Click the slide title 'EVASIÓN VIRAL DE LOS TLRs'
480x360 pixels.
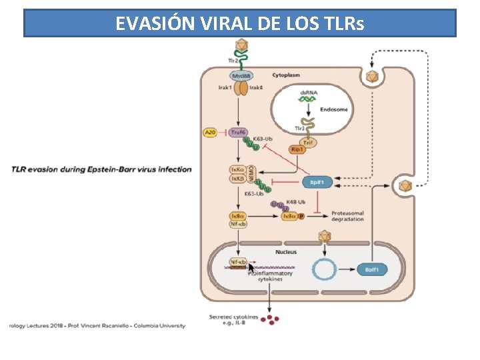click(240, 23)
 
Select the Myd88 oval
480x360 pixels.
click(242, 76)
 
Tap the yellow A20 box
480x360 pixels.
click(211, 133)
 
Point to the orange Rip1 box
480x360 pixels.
click(298, 149)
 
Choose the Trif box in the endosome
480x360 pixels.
click(308, 141)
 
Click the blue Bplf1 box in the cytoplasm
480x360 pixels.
click(317, 181)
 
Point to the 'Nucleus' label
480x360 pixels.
click(287, 252)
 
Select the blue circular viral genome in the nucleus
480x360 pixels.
click(325, 269)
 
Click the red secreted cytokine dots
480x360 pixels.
click(270, 321)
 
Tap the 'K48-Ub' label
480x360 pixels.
click(296, 202)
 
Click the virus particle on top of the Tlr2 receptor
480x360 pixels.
click(241, 45)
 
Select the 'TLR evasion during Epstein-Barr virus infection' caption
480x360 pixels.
click(101, 169)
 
